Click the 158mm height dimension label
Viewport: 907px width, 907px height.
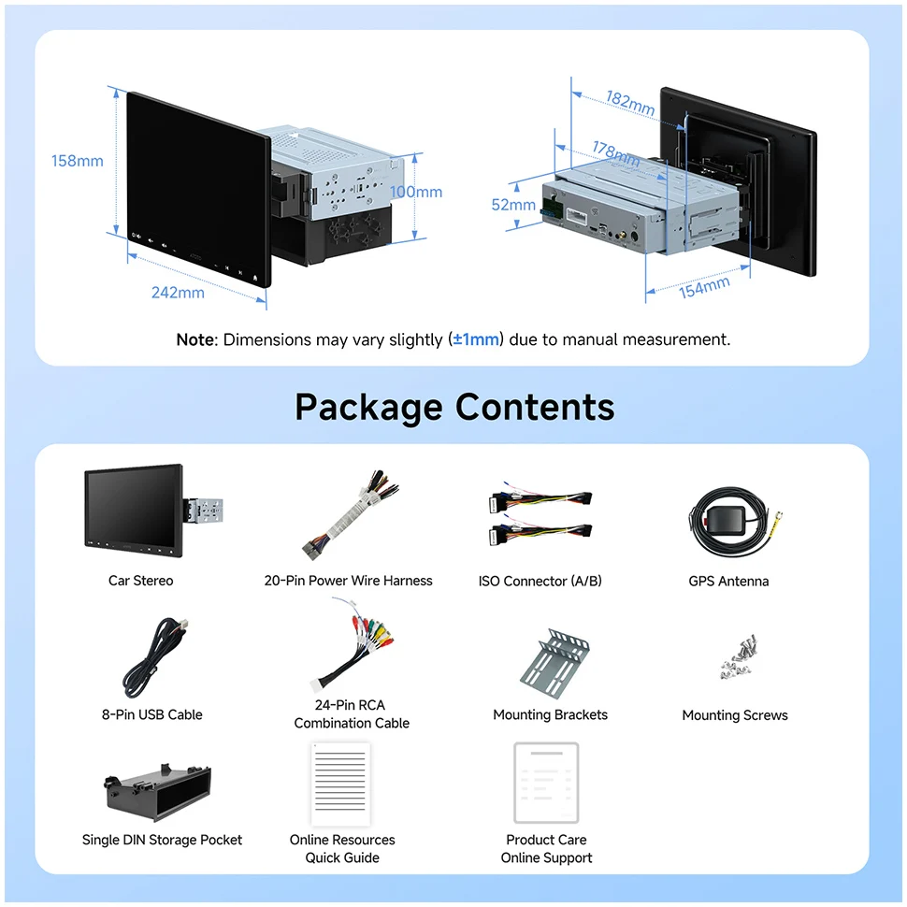click(78, 161)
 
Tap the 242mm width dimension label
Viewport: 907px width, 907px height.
click(178, 293)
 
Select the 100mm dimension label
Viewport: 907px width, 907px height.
click(416, 192)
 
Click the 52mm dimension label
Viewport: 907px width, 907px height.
click(513, 204)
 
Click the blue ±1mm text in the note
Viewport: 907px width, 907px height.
click(477, 339)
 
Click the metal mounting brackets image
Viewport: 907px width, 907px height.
click(554, 660)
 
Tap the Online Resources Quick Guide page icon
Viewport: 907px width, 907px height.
click(341, 783)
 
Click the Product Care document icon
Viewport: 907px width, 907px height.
click(546, 783)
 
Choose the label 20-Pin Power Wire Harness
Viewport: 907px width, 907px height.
click(348, 581)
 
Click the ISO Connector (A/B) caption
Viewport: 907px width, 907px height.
click(540, 581)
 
